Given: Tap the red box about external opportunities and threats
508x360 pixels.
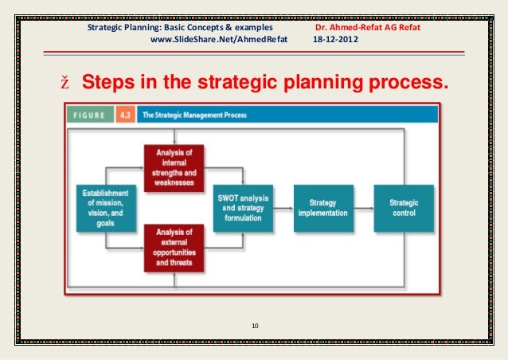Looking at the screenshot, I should (x=174, y=248).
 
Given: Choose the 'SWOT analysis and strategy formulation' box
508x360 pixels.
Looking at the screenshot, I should (x=243, y=208).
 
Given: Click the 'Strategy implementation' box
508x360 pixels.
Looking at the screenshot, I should (x=323, y=208).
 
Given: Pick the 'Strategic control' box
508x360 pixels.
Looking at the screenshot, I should (x=404, y=208).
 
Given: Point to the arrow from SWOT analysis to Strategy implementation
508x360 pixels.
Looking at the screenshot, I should (x=283, y=208).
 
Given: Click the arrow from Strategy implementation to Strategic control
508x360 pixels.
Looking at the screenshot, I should (x=363, y=208).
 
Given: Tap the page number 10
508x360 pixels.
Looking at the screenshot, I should (x=255, y=325).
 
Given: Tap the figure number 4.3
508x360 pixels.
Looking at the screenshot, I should (x=125, y=115).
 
